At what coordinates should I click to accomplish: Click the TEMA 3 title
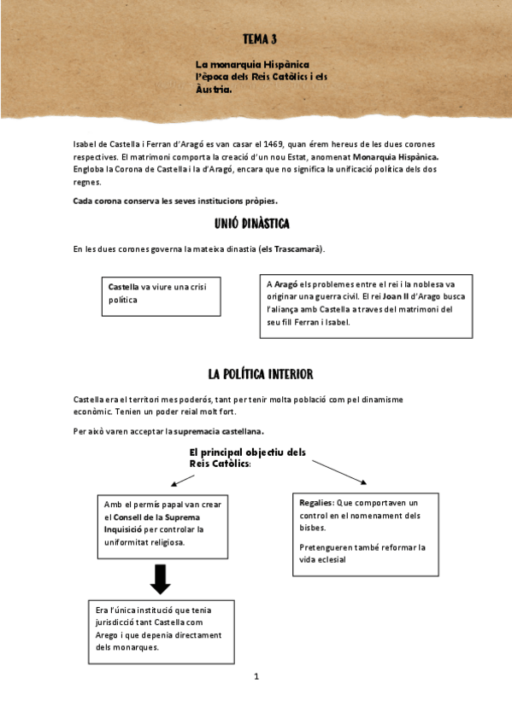pyautogui.click(x=259, y=39)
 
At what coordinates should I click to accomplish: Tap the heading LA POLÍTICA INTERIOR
pyautogui.click(x=260, y=374)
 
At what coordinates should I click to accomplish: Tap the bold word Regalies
pyautogui.click(x=316, y=503)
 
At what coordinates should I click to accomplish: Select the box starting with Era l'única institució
pyautogui.click(x=162, y=633)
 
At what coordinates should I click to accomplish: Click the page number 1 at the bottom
pyautogui.click(x=256, y=677)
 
